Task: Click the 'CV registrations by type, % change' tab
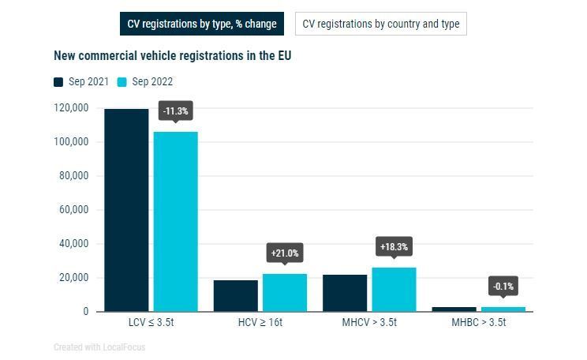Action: click(x=202, y=24)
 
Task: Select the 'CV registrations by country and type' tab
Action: click(x=381, y=24)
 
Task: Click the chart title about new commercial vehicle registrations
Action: click(x=173, y=56)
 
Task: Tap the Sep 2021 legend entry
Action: click(x=82, y=81)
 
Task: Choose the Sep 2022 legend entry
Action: click(x=145, y=81)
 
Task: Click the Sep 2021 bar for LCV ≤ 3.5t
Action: click(x=126, y=210)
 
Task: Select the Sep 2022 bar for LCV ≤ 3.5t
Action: click(x=175, y=221)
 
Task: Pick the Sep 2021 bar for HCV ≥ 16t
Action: click(x=235, y=295)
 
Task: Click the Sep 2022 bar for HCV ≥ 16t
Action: click(x=284, y=292)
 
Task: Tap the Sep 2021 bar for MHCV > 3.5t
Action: click(x=345, y=293)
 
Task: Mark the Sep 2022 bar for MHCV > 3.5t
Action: click(x=394, y=289)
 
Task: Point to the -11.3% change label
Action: click(x=175, y=111)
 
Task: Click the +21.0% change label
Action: click(x=285, y=253)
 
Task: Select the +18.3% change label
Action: click(x=394, y=247)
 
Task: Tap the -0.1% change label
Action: click(x=503, y=286)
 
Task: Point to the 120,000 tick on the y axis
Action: click(x=71, y=108)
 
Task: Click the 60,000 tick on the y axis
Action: click(x=73, y=210)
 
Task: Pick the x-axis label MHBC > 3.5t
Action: click(x=478, y=323)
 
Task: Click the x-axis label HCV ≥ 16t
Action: click(x=260, y=323)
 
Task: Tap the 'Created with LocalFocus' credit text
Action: click(x=99, y=347)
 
